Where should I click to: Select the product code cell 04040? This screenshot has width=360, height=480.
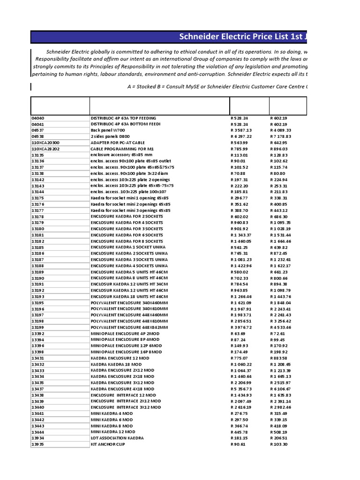click(x=37, y=118)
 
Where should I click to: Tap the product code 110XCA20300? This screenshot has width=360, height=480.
click(x=45, y=142)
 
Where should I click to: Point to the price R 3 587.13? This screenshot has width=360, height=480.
click(x=241, y=130)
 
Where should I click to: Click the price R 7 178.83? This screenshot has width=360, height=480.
click(x=281, y=136)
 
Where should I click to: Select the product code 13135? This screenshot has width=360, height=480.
click(x=37, y=155)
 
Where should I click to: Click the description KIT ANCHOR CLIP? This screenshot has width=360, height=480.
click(x=108, y=444)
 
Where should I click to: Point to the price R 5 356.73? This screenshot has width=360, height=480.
click(x=241, y=389)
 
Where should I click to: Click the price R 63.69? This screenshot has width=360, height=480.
click(x=239, y=333)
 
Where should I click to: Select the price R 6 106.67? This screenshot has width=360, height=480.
click(x=281, y=389)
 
